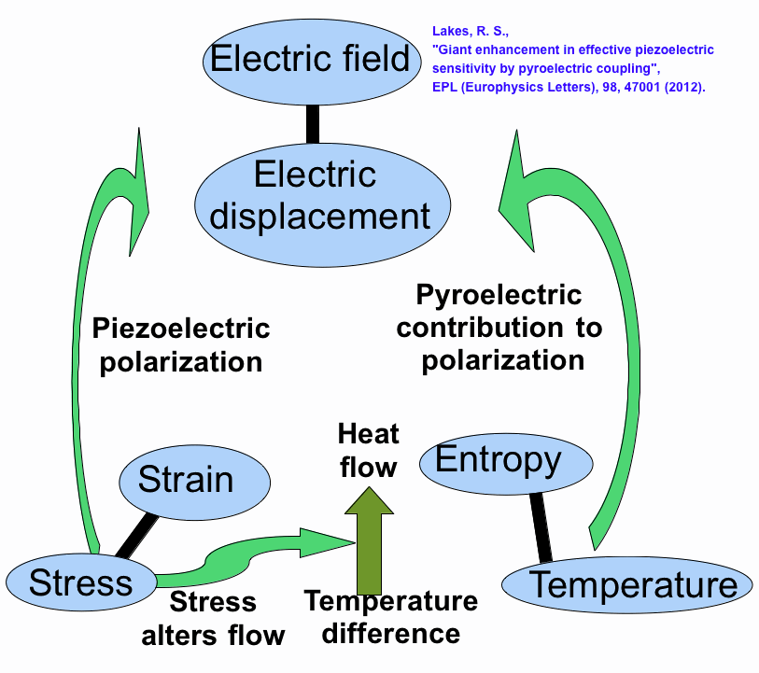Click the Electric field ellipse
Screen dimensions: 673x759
[309, 61]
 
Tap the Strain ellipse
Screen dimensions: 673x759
[194, 480]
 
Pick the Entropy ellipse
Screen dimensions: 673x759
[498, 461]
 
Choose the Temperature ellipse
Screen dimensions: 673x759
[627, 585]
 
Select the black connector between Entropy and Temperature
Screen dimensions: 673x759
[540, 527]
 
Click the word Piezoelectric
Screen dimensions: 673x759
[181, 329]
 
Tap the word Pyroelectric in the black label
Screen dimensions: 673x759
[499, 296]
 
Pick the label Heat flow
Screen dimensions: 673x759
[368, 449]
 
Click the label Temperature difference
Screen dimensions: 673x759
[391, 617]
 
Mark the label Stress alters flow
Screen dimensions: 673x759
[213, 618]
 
